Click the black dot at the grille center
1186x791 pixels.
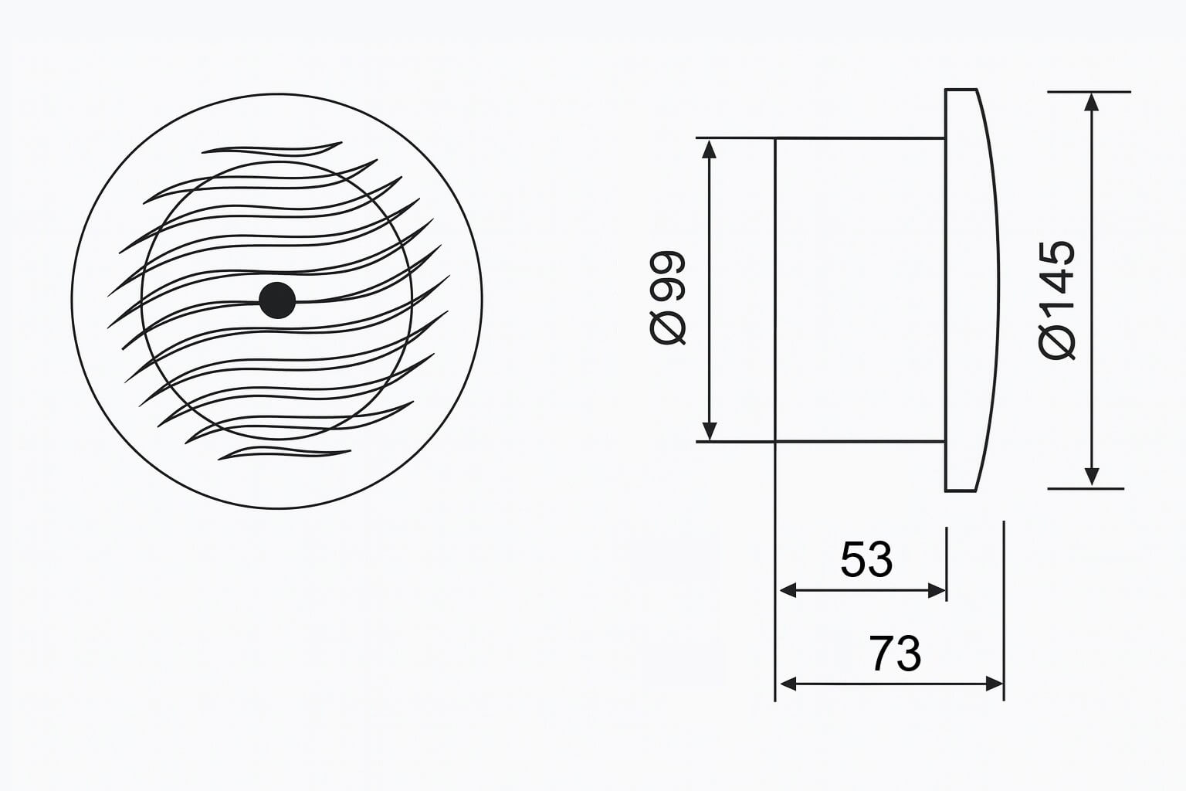(x=277, y=300)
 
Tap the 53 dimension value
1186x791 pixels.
(x=866, y=560)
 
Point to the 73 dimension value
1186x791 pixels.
(x=895, y=654)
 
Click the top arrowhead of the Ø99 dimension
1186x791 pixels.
(x=710, y=148)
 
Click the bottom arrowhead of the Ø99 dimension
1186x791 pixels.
(x=710, y=432)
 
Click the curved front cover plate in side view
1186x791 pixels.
(x=969, y=290)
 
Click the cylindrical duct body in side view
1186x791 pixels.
(x=859, y=290)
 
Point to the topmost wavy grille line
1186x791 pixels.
(x=270, y=149)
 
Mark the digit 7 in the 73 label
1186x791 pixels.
(x=882, y=654)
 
